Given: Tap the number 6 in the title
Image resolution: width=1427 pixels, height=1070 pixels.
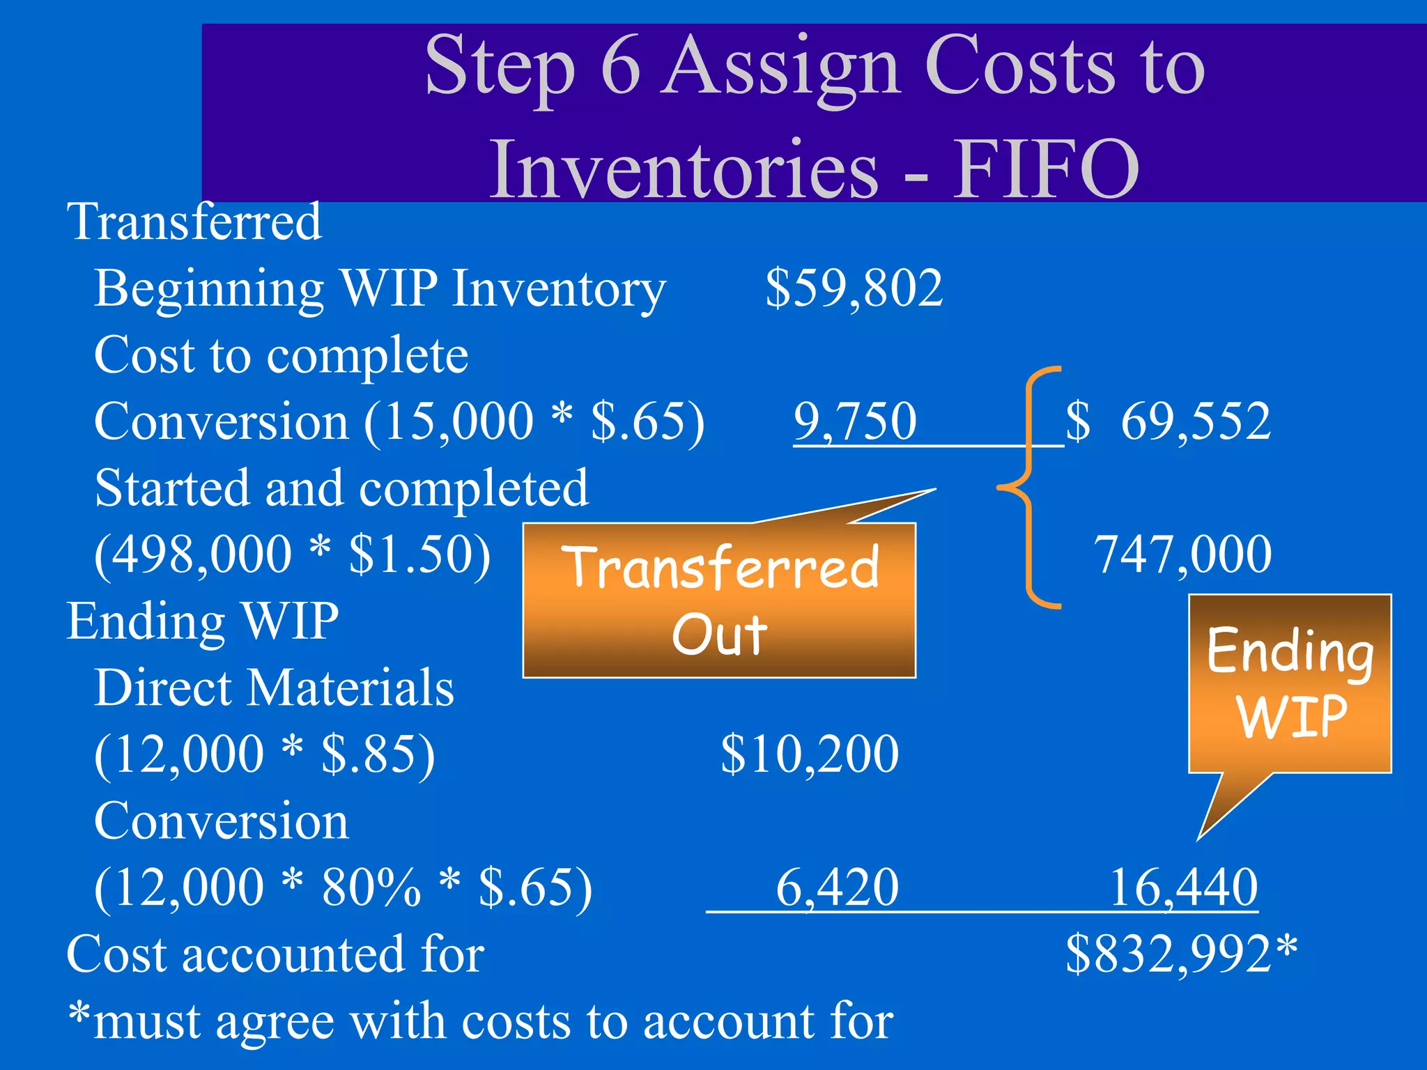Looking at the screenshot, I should pyautogui.click(x=620, y=67).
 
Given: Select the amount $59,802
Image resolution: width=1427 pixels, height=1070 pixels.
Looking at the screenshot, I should pyautogui.click(x=854, y=288).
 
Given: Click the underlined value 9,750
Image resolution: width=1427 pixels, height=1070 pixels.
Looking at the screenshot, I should pyautogui.click(x=855, y=421).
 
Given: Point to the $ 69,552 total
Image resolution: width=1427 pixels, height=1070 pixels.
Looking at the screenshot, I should pyautogui.click(x=1168, y=421).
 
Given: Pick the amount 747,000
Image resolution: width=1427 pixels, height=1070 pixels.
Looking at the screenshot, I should pyautogui.click(x=1183, y=555).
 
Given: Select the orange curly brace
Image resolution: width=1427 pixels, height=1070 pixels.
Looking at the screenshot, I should pyautogui.click(x=1030, y=488).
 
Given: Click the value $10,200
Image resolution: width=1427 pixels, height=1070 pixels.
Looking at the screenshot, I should pyautogui.click(x=810, y=754).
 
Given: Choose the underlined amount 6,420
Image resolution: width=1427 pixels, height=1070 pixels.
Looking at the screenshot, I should pyautogui.click(x=837, y=887).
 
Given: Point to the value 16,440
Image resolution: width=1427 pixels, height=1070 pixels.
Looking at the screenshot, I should pyautogui.click(x=1184, y=887).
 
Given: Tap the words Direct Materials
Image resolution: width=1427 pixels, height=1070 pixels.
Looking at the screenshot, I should pyautogui.click(x=275, y=688).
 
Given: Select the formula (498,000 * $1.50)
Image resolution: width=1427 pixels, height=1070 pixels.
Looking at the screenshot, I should pyautogui.click(x=293, y=555).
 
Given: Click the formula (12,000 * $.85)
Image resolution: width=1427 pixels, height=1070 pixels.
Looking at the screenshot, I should pyautogui.click(x=265, y=754).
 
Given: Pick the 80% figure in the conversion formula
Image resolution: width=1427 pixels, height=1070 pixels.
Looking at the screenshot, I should pyautogui.click(x=371, y=887).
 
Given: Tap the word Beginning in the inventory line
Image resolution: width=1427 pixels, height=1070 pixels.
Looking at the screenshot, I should pyautogui.click(x=209, y=288).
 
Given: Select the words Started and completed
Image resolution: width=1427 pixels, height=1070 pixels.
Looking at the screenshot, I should pyautogui.click(x=341, y=488).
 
